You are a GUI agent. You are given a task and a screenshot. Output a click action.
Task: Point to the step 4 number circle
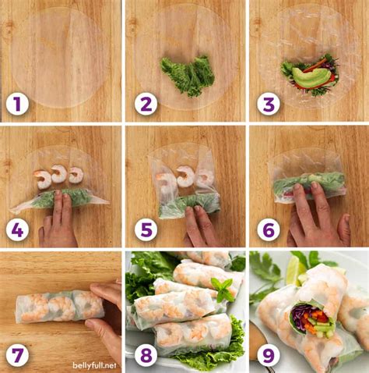(x=16, y=229)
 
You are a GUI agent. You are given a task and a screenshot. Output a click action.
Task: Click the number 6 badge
(x=267, y=229)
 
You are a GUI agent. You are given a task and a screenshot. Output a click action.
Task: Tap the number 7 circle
(x=16, y=355)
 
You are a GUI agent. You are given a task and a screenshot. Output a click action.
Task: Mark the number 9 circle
(x=267, y=355)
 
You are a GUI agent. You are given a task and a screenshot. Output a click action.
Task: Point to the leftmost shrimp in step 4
(x=42, y=179)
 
